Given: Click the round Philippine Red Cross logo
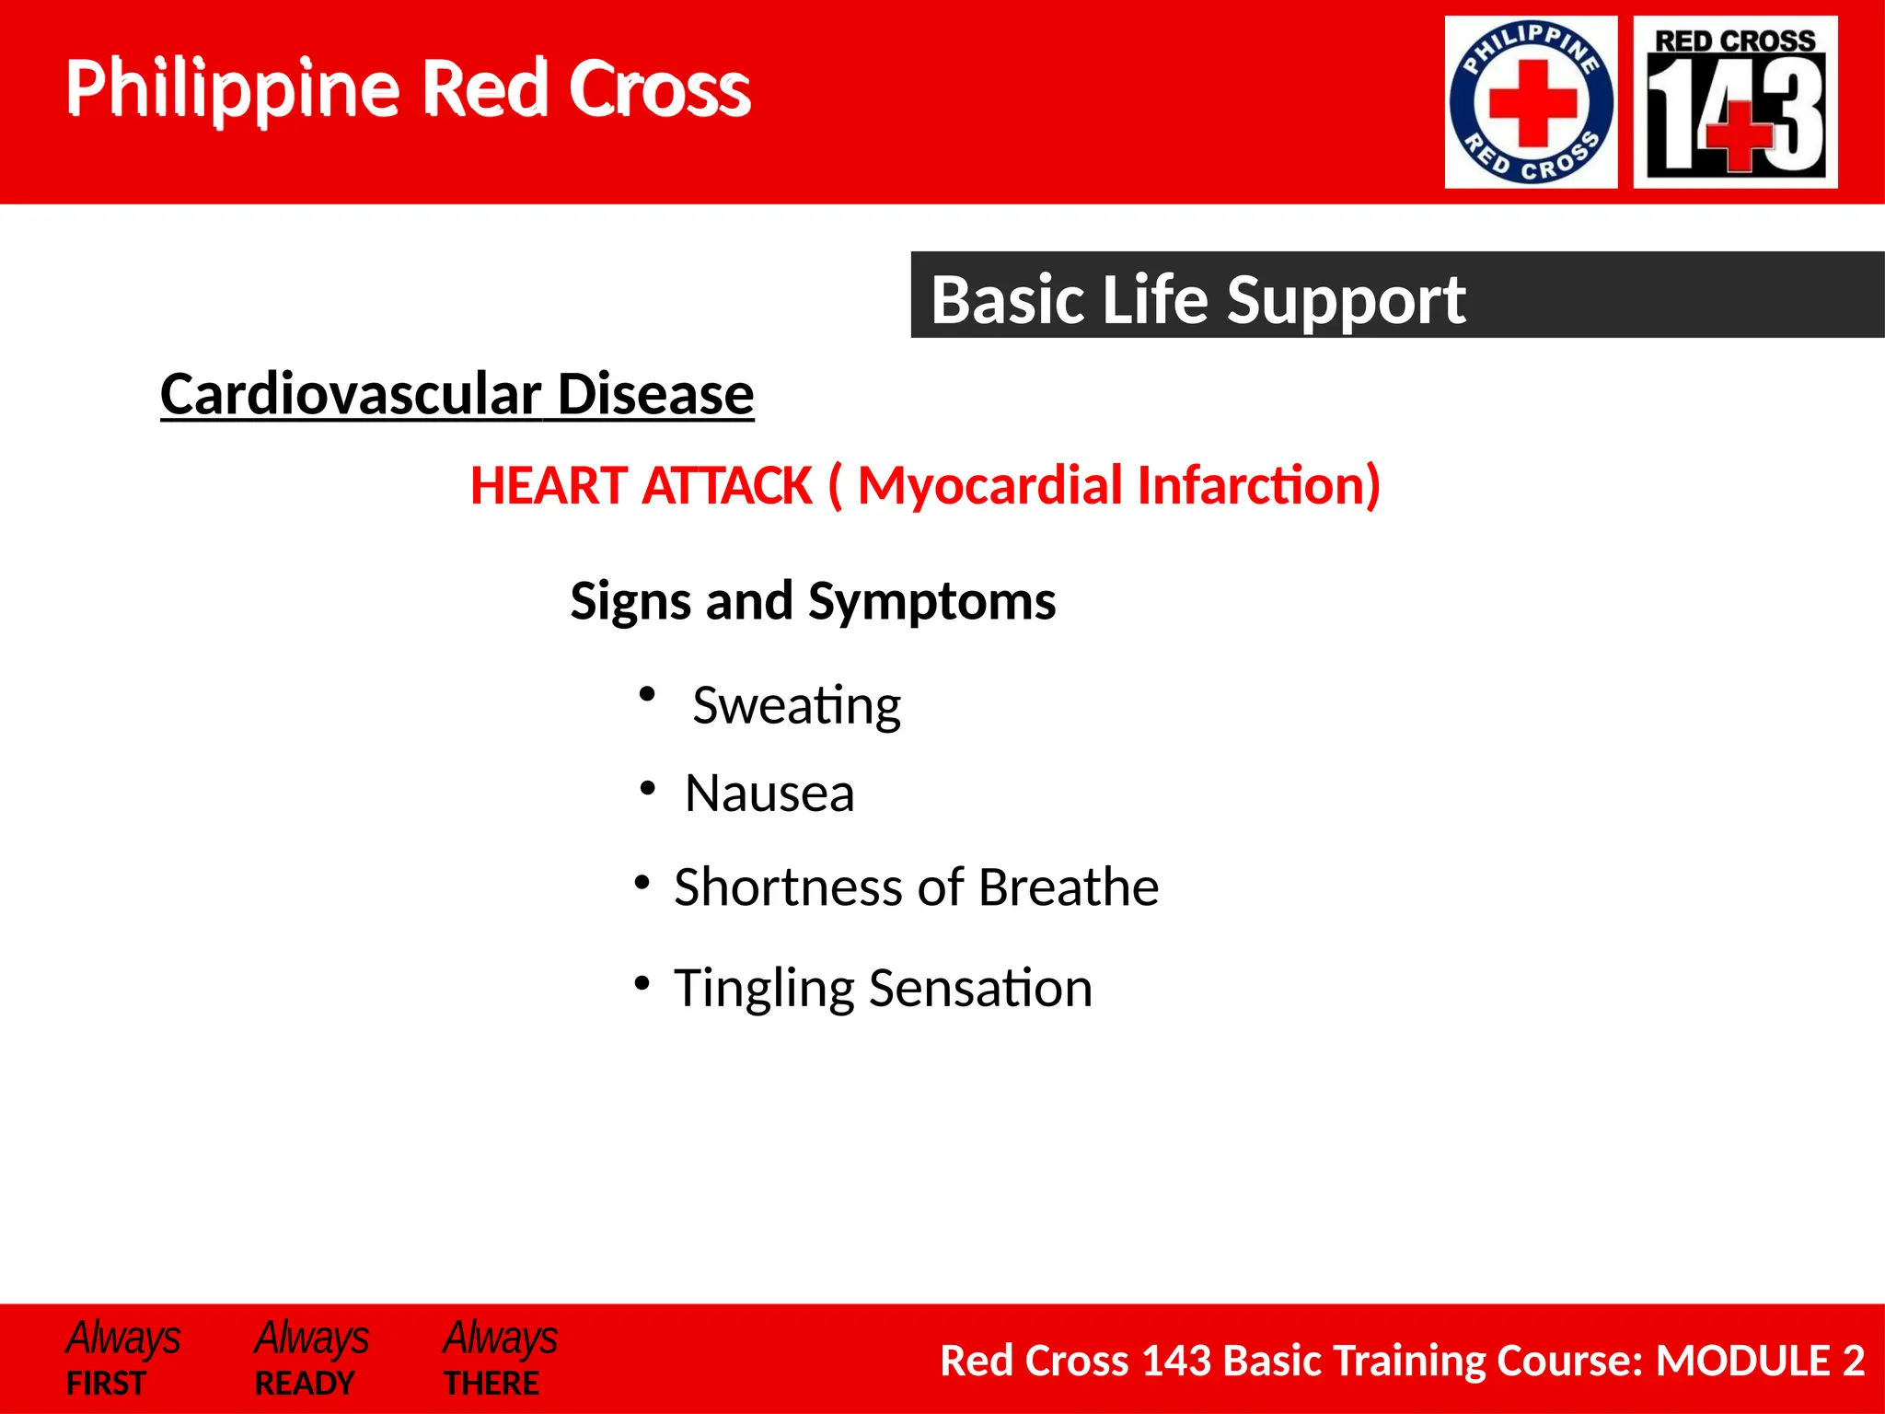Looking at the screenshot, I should click(1531, 102).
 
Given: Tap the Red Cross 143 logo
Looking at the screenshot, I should click(1735, 102).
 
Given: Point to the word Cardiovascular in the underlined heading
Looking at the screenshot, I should click(350, 394).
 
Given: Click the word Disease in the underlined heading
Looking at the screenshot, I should click(655, 394).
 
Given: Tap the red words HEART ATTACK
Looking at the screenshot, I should click(641, 485).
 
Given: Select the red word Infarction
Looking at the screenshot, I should click(1257, 485).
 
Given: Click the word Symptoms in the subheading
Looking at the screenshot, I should click(931, 601).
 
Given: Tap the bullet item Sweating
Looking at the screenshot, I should click(796, 706).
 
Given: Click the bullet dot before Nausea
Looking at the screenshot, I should click(648, 789).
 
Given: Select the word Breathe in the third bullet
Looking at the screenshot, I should click(1068, 887).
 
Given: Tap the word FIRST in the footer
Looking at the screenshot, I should click(106, 1384).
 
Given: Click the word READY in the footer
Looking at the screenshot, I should click(305, 1384).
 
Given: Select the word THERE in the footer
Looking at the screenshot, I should click(491, 1384).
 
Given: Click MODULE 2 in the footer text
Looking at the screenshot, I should click(1759, 1361).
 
